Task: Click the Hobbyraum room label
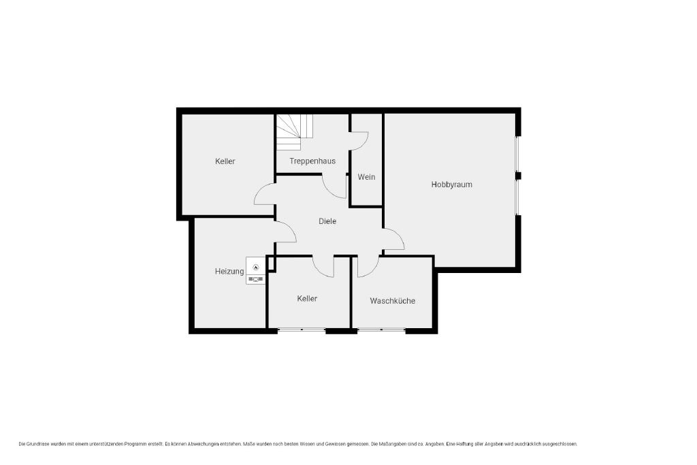(452, 185)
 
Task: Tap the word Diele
(327, 221)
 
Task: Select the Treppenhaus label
(312, 161)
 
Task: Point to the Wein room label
(366, 177)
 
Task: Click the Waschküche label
(393, 301)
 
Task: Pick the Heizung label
(229, 271)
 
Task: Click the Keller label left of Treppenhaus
(225, 161)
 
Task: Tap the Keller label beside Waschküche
(307, 299)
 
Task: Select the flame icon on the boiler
(256, 267)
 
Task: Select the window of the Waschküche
(381, 330)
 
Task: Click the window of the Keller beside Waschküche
(302, 330)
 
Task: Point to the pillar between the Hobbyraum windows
(518, 176)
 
